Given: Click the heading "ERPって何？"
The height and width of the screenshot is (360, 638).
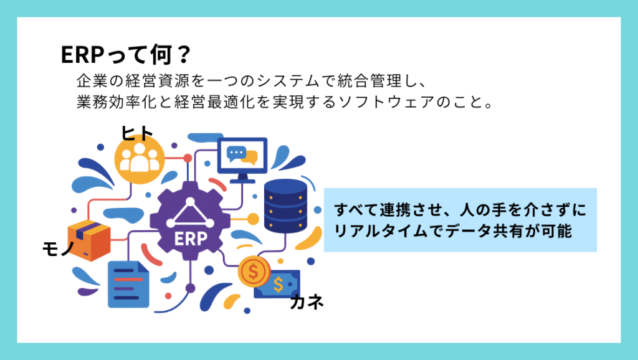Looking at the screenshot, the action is pos(126,55).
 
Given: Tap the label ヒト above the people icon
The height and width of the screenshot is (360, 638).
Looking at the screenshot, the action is pos(136,133).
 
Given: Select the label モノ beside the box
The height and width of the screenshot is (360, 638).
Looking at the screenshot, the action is pos(58,248).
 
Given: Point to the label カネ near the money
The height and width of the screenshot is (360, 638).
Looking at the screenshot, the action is pos(307,302).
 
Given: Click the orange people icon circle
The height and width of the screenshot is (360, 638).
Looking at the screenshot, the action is pos(139,159).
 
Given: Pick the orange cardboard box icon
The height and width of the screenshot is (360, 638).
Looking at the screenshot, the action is pos(89,240).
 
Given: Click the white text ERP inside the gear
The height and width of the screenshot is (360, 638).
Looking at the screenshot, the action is pos(191,239).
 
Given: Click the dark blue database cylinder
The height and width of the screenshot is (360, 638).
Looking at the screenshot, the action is pos(285,206).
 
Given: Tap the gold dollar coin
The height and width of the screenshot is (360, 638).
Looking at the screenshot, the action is pos(254,272).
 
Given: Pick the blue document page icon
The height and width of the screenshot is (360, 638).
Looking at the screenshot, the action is pos(128,285).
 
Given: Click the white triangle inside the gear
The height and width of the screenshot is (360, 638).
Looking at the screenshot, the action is pos(190,213).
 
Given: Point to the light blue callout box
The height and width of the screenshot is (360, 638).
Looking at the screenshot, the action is pos(460,220).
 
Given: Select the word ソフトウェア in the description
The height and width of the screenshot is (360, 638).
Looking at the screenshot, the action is pos(386,102).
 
